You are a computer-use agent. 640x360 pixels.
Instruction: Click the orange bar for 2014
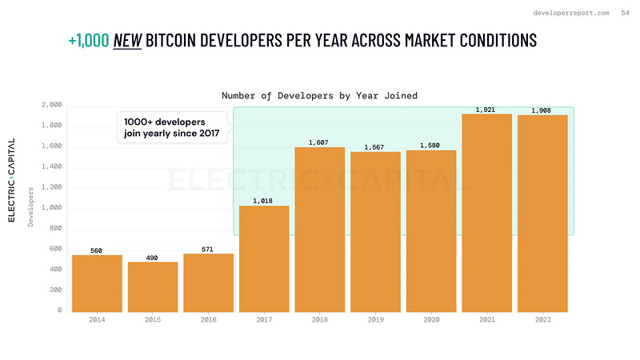click(x=97, y=283)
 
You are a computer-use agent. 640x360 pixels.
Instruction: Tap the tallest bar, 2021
click(x=486, y=213)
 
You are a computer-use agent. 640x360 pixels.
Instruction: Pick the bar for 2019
click(x=375, y=231)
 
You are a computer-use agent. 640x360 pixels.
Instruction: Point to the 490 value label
click(x=153, y=257)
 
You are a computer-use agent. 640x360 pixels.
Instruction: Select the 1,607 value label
click(x=319, y=142)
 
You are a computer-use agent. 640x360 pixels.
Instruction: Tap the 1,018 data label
click(x=264, y=201)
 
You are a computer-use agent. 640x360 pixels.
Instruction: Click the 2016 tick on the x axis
click(x=208, y=320)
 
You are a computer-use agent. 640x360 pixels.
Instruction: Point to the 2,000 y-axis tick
click(x=50, y=106)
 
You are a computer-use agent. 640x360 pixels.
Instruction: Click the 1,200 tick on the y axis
click(x=50, y=188)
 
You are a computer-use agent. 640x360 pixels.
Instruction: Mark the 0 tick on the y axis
click(x=58, y=310)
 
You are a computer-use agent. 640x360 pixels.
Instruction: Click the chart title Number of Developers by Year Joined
click(x=319, y=95)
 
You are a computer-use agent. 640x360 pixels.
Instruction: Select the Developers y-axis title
click(x=31, y=207)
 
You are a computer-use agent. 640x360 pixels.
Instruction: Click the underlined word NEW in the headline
click(x=126, y=39)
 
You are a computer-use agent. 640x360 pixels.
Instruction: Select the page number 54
click(x=625, y=13)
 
